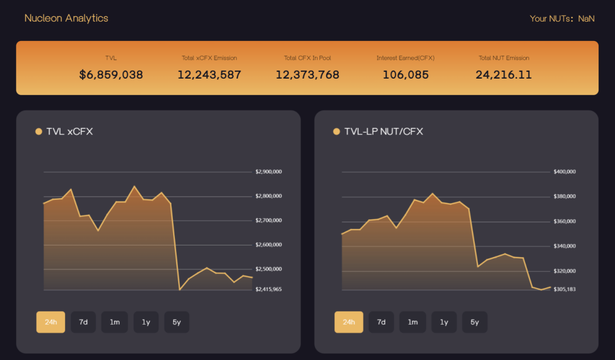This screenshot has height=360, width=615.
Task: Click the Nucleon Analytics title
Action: (x=66, y=18)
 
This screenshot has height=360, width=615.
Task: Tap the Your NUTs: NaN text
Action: (x=562, y=19)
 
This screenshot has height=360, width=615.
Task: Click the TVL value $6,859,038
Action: (x=111, y=75)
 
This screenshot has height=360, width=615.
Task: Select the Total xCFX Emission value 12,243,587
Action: (x=209, y=75)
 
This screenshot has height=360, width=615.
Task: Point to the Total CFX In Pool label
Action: (x=307, y=58)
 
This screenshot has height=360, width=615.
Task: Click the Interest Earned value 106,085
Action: (x=405, y=75)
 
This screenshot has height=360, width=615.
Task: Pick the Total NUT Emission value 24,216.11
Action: (x=503, y=75)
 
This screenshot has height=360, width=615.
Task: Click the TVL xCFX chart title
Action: (x=69, y=132)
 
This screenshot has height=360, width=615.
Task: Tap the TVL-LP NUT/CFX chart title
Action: (x=383, y=132)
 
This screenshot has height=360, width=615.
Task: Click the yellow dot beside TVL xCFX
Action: (x=39, y=132)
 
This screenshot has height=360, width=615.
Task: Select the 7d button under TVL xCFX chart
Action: (x=83, y=322)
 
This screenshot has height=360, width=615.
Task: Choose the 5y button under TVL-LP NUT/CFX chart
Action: (x=474, y=322)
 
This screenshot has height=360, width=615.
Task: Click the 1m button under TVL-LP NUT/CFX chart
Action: (x=413, y=322)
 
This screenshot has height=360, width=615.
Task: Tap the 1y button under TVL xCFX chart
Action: (x=146, y=322)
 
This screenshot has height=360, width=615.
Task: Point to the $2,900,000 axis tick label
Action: (x=269, y=171)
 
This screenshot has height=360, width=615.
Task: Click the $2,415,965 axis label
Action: (x=269, y=289)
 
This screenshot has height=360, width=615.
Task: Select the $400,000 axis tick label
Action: (x=564, y=171)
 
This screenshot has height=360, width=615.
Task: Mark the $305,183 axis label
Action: (x=564, y=289)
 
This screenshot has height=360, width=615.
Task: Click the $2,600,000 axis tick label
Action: (x=269, y=245)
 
